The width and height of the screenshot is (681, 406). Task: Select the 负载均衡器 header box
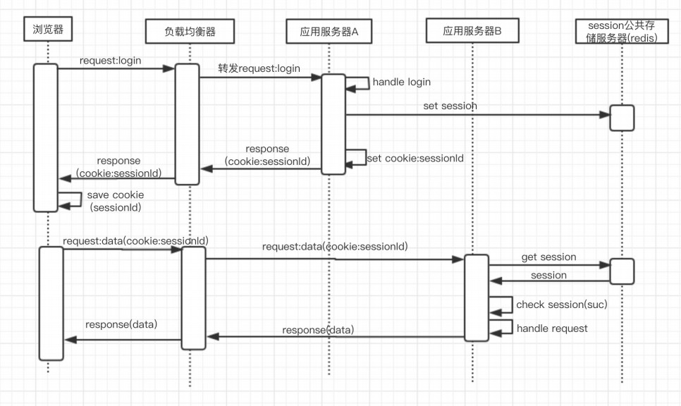[190, 31]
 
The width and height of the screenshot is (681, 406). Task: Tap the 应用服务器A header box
[329, 31]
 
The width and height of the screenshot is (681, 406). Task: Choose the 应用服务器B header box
[472, 30]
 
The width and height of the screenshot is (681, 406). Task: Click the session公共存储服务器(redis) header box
[622, 32]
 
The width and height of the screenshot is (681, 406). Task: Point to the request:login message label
[110, 61]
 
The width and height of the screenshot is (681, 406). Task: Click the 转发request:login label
[259, 68]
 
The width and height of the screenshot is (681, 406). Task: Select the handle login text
[401, 82]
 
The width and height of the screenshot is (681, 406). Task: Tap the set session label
[450, 106]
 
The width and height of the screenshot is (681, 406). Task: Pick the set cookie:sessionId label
[415, 159]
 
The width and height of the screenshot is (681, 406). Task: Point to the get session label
[548, 257]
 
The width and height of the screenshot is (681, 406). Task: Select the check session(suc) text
[561, 304]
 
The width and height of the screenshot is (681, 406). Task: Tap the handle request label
[552, 328]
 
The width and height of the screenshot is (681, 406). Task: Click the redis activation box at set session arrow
[622, 118]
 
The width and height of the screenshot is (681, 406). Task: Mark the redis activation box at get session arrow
[622, 271]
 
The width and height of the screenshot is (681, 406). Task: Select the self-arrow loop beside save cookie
[70, 199]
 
